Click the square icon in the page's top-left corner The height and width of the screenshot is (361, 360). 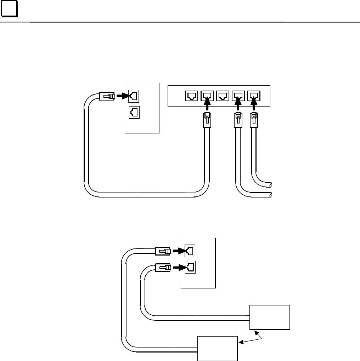pyautogui.click(x=10, y=11)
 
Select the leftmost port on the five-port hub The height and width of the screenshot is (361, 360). pyautogui.click(x=191, y=96)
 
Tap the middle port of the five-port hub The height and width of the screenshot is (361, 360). pyautogui.click(x=223, y=96)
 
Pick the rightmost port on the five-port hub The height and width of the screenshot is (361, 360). pyautogui.click(x=254, y=96)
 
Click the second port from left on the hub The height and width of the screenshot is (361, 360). pyautogui.click(x=207, y=96)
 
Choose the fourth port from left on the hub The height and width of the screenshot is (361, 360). pyautogui.click(x=238, y=96)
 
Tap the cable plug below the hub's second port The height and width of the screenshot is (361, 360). pyautogui.click(x=207, y=121)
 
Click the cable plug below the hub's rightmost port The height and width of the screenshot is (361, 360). pyautogui.click(x=254, y=121)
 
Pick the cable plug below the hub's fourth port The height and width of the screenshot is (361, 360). pyautogui.click(x=238, y=121)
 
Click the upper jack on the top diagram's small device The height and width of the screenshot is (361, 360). pyautogui.click(x=134, y=96)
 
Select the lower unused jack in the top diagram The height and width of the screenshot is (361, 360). pyautogui.click(x=134, y=113)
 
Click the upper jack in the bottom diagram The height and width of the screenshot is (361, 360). pyautogui.click(x=189, y=251)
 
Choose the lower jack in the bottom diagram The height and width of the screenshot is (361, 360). pyautogui.click(x=189, y=267)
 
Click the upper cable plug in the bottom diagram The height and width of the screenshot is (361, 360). pyautogui.click(x=163, y=251)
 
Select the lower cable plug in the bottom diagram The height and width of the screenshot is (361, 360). pyautogui.click(x=163, y=268)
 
